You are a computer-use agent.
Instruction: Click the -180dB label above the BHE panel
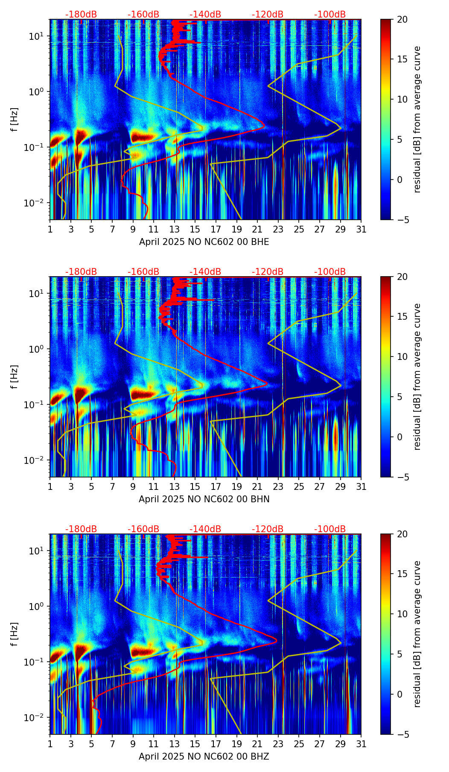[81, 15]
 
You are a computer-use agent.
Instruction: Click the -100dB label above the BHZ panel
[330, 529]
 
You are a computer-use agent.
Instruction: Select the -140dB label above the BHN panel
[205, 272]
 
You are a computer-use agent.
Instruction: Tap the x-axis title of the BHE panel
[204, 242]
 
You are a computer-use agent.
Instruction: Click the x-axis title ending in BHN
[204, 499]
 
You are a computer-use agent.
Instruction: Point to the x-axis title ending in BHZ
[204, 757]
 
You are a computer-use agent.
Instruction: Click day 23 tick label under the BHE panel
[278, 230]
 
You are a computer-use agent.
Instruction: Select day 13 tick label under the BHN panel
[174, 487]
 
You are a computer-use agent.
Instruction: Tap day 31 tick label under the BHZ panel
[361, 744]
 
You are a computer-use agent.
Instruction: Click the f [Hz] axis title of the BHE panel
[15, 120]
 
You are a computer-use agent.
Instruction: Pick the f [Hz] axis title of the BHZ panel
[15, 634]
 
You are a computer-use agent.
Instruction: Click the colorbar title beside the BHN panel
[417, 377]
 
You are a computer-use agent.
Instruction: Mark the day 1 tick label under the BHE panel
[50, 230]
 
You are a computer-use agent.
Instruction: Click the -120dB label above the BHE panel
[268, 15]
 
